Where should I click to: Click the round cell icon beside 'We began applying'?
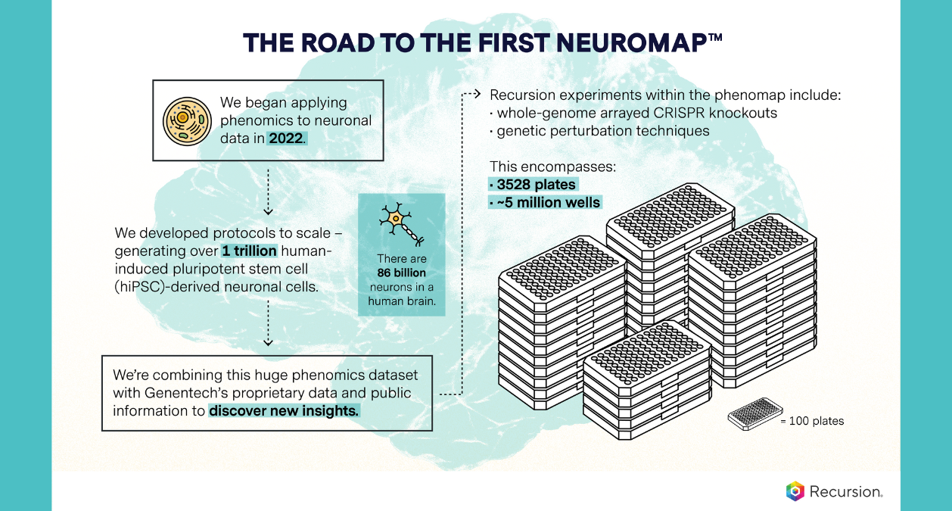click(185, 120)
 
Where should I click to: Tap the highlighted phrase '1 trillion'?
click(250, 251)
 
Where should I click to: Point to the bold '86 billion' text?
click(401, 273)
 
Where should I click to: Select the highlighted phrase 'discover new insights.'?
click(285, 411)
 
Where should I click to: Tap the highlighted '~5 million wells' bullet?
click(546, 202)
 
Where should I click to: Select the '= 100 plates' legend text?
click(812, 420)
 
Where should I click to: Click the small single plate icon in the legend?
click(753, 416)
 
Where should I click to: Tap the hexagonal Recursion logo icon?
click(795, 491)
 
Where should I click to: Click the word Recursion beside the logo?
click(845, 492)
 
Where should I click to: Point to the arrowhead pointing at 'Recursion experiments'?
click(478, 95)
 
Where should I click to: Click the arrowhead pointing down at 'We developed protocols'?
click(268, 211)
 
